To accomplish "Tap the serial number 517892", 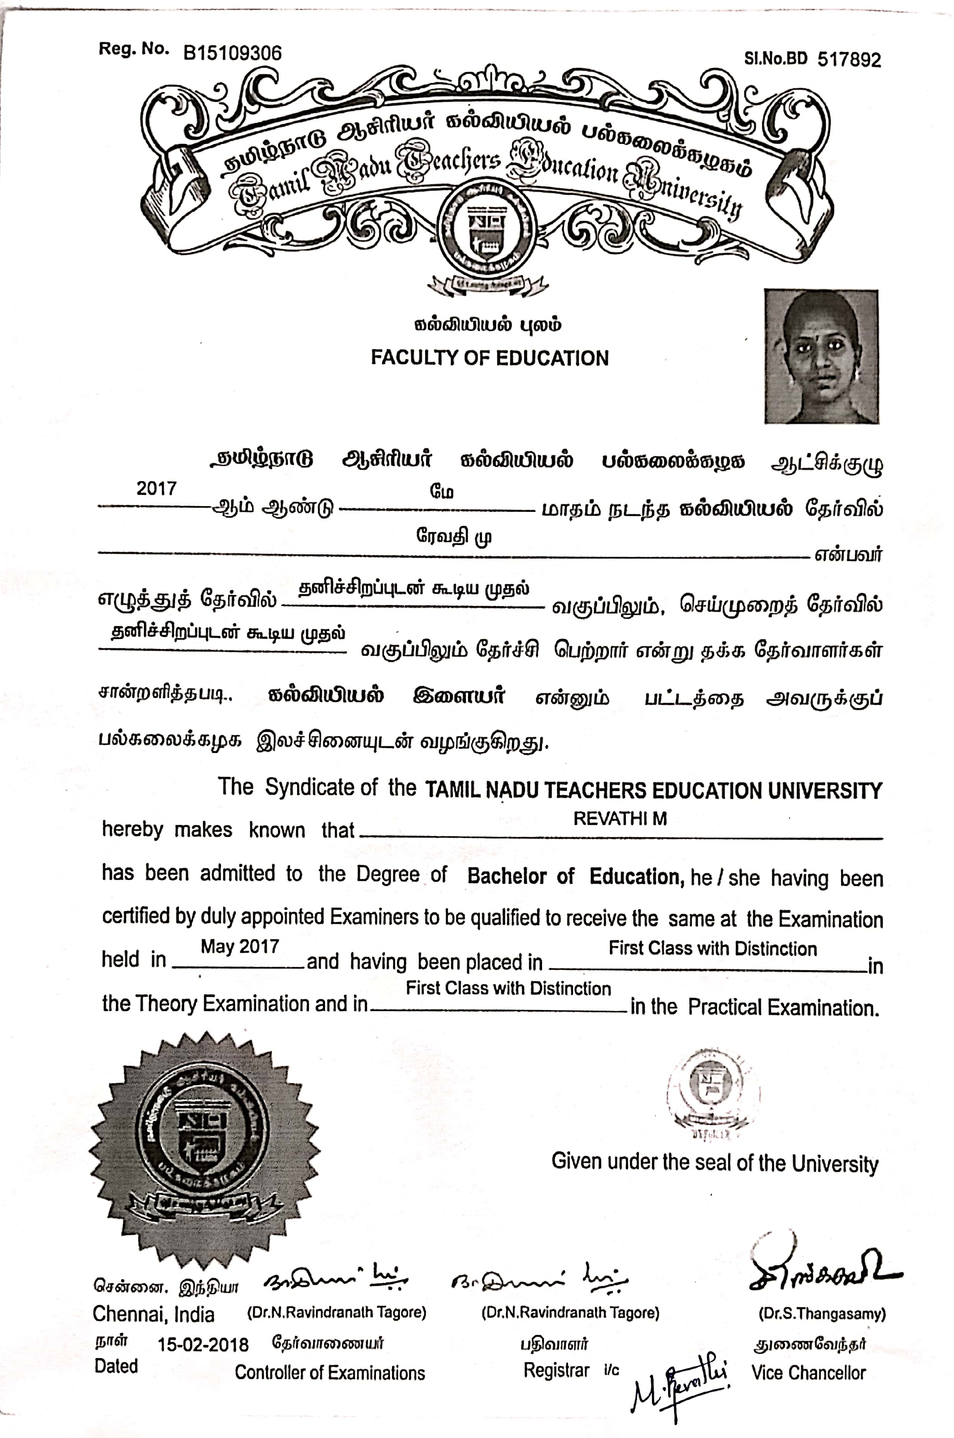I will click(x=849, y=60).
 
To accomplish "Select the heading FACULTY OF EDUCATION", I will click(x=490, y=358).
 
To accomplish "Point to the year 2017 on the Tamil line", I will click(x=156, y=489).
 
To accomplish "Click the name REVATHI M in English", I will click(x=620, y=819).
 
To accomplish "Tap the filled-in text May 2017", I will click(x=240, y=946).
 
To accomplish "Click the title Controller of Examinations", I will click(x=330, y=1373).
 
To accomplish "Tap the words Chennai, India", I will click(x=153, y=1314).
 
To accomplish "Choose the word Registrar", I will click(x=556, y=1371).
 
